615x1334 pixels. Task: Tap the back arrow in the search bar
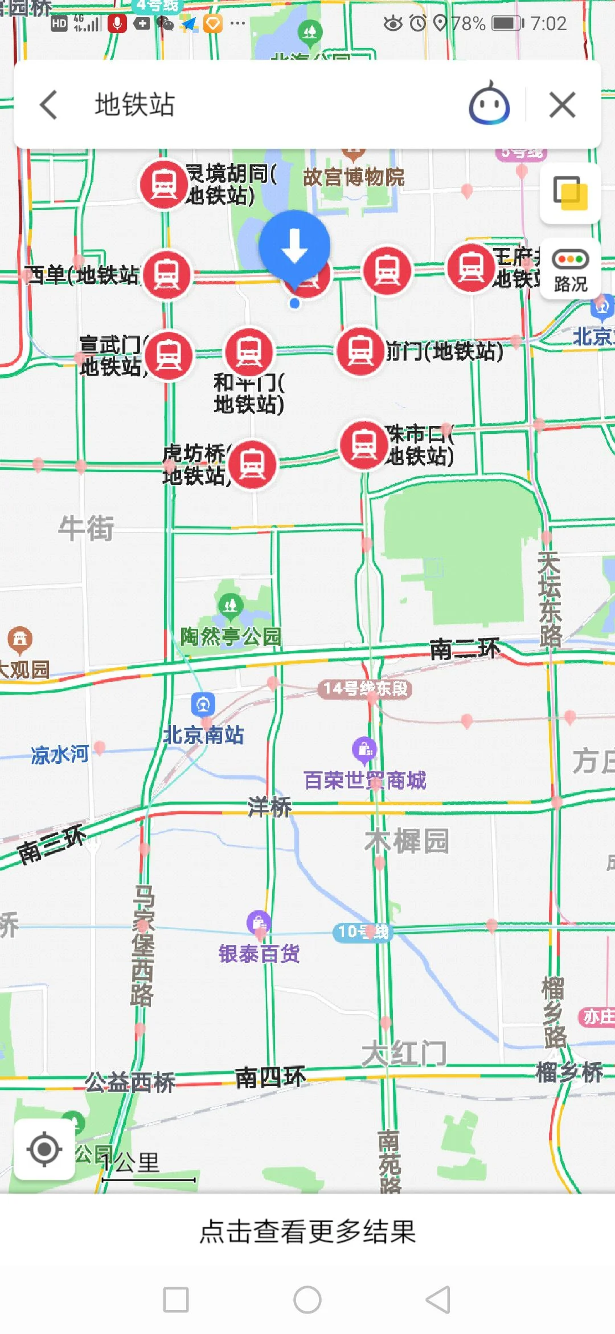(49, 105)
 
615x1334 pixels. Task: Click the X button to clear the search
(562, 105)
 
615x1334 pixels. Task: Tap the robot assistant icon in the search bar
(489, 104)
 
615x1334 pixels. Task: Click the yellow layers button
(570, 193)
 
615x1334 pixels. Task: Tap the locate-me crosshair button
(44, 1149)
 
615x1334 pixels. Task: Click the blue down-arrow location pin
(294, 246)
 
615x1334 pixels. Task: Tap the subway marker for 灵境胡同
(164, 184)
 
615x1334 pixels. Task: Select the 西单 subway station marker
(167, 275)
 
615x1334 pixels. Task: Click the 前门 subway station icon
(360, 351)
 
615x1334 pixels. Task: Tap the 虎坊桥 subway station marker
(252, 464)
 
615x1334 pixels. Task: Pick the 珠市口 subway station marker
(364, 445)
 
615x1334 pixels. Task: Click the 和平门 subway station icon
(249, 352)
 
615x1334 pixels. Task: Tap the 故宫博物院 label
(353, 177)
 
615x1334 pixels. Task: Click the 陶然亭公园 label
(231, 636)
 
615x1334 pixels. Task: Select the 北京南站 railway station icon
(203, 705)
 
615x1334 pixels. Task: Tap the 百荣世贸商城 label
(364, 780)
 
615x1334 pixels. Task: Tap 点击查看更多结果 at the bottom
(307, 1231)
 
